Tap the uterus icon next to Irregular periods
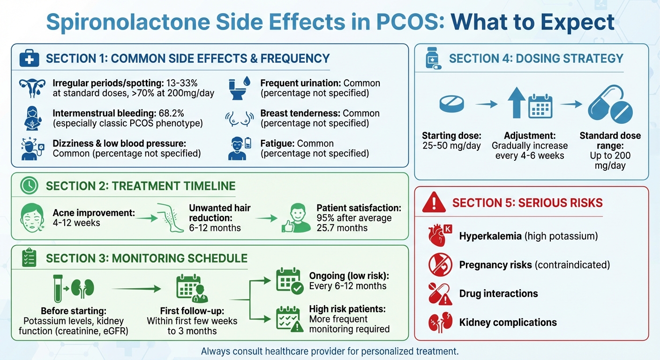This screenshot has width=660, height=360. coord(32,88)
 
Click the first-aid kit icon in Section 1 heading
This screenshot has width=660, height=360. coord(29,59)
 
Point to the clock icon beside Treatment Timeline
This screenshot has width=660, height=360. coord(29,186)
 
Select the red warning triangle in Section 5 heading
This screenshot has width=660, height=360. coord(434,202)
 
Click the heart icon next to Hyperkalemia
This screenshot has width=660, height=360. coord(440,235)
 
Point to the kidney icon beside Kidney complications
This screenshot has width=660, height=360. coord(440,322)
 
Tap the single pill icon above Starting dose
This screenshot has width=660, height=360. coord(452,105)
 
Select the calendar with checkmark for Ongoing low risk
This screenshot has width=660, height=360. coord(289,281)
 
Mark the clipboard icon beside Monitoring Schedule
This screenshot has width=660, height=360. coord(29,258)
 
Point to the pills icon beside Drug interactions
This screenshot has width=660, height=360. coord(440,294)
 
